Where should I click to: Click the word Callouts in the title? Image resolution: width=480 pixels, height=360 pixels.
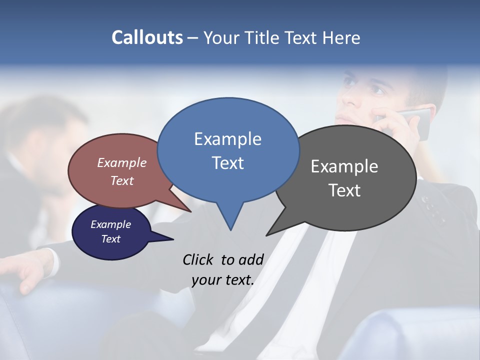(x=147, y=37)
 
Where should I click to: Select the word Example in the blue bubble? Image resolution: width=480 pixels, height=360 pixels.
(x=227, y=139)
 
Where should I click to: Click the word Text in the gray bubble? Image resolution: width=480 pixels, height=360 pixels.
(x=344, y=190)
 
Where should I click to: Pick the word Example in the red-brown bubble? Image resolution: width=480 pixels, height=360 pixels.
(x=121, y=163)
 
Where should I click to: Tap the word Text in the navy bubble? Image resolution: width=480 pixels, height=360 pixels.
(x=111, y=239)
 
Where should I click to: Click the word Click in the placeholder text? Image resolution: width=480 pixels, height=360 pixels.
(x=198, y=259)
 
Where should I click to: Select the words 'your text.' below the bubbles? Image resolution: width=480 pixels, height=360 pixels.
(x=222, y=280)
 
